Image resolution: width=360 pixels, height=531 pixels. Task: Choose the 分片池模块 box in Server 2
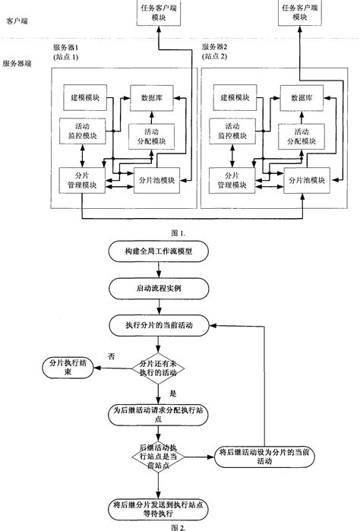(305, 180)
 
